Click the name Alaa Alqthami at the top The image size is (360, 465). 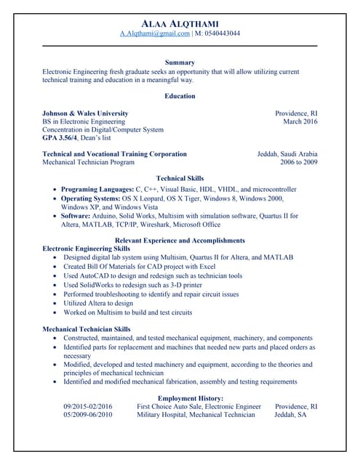180,23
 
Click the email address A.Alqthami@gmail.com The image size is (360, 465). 155,33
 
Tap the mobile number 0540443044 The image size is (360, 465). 222,33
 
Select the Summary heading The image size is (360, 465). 180,62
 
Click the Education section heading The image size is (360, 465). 180,96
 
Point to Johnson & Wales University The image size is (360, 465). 85,113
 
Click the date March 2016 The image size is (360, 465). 300,122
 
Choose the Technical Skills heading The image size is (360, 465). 180,178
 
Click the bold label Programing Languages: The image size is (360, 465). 97,189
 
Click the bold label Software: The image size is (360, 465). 76,216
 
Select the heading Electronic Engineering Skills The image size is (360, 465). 87,248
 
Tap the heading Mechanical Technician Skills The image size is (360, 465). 87,329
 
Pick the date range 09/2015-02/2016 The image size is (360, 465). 88,407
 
